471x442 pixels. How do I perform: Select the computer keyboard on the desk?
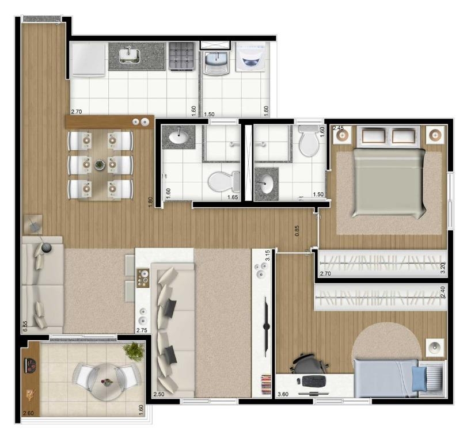(313, 380)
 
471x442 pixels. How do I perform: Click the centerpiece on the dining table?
(100, 165)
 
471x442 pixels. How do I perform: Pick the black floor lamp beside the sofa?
(45, 247)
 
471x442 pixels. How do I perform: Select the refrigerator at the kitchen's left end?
(88, 59)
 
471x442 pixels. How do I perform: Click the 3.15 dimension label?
(267, 255)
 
